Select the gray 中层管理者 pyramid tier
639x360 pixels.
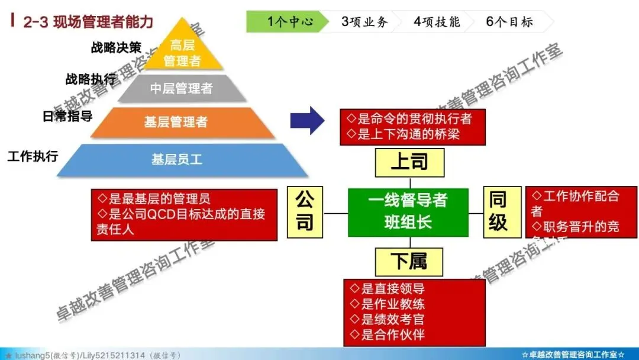(181, 89)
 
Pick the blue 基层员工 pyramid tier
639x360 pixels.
(177, 159)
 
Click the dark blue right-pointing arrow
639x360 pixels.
(307, 121)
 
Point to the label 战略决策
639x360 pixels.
(116, 47)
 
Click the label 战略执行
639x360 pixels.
(91, 79)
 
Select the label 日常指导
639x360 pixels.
(67, 115)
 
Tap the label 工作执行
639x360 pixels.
(33, 156)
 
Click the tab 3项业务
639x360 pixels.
(364, 22)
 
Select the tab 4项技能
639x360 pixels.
(437, 22)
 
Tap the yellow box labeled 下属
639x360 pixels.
(409, 262)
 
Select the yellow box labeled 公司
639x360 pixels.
(305, 211)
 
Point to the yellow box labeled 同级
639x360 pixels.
(498, 211)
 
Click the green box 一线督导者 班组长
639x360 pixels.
(408, 211)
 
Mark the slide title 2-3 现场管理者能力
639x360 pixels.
(88, 22)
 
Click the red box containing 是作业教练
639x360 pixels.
(414, 312)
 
